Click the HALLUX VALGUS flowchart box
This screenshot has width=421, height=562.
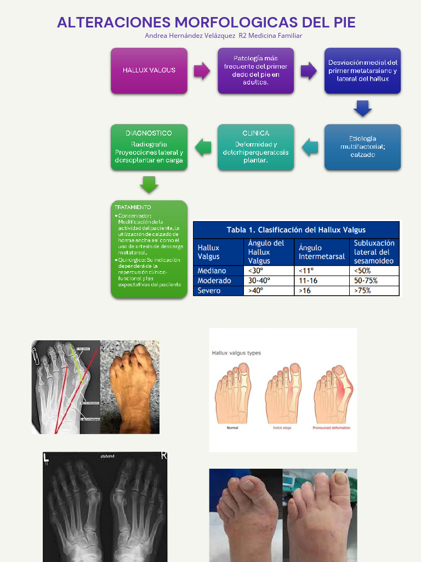pyautogui.click(x=149, y=70)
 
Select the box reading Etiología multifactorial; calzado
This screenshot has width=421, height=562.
pyautogui.click(x=362, y=147)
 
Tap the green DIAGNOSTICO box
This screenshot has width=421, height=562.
pyautogui.click(x=149, y=147)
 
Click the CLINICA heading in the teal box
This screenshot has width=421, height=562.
pyautogui.click(x=255, y=133)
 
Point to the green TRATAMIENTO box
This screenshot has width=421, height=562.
pyautogui.click(x=149, y=250)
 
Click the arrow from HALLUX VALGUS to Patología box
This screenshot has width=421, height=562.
pyautogui.click(x=202, y=71)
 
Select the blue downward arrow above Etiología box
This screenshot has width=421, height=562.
pyautogui.click(x=362, y=108)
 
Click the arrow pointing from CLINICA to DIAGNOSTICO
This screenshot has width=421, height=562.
pyautogui.click(x=203, y=147)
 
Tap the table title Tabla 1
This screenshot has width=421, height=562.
pyautogui.click(x=296, y=229)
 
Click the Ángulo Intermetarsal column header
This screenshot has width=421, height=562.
pyautogui.click(x=322, y=252)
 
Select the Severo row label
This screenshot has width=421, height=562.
pyautogui.click(x=209, y=290)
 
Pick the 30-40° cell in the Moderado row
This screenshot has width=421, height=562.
pyautogui.click(x=260, y=280)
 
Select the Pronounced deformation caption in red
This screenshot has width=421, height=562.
pyautogui.click(x=331, y=428)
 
